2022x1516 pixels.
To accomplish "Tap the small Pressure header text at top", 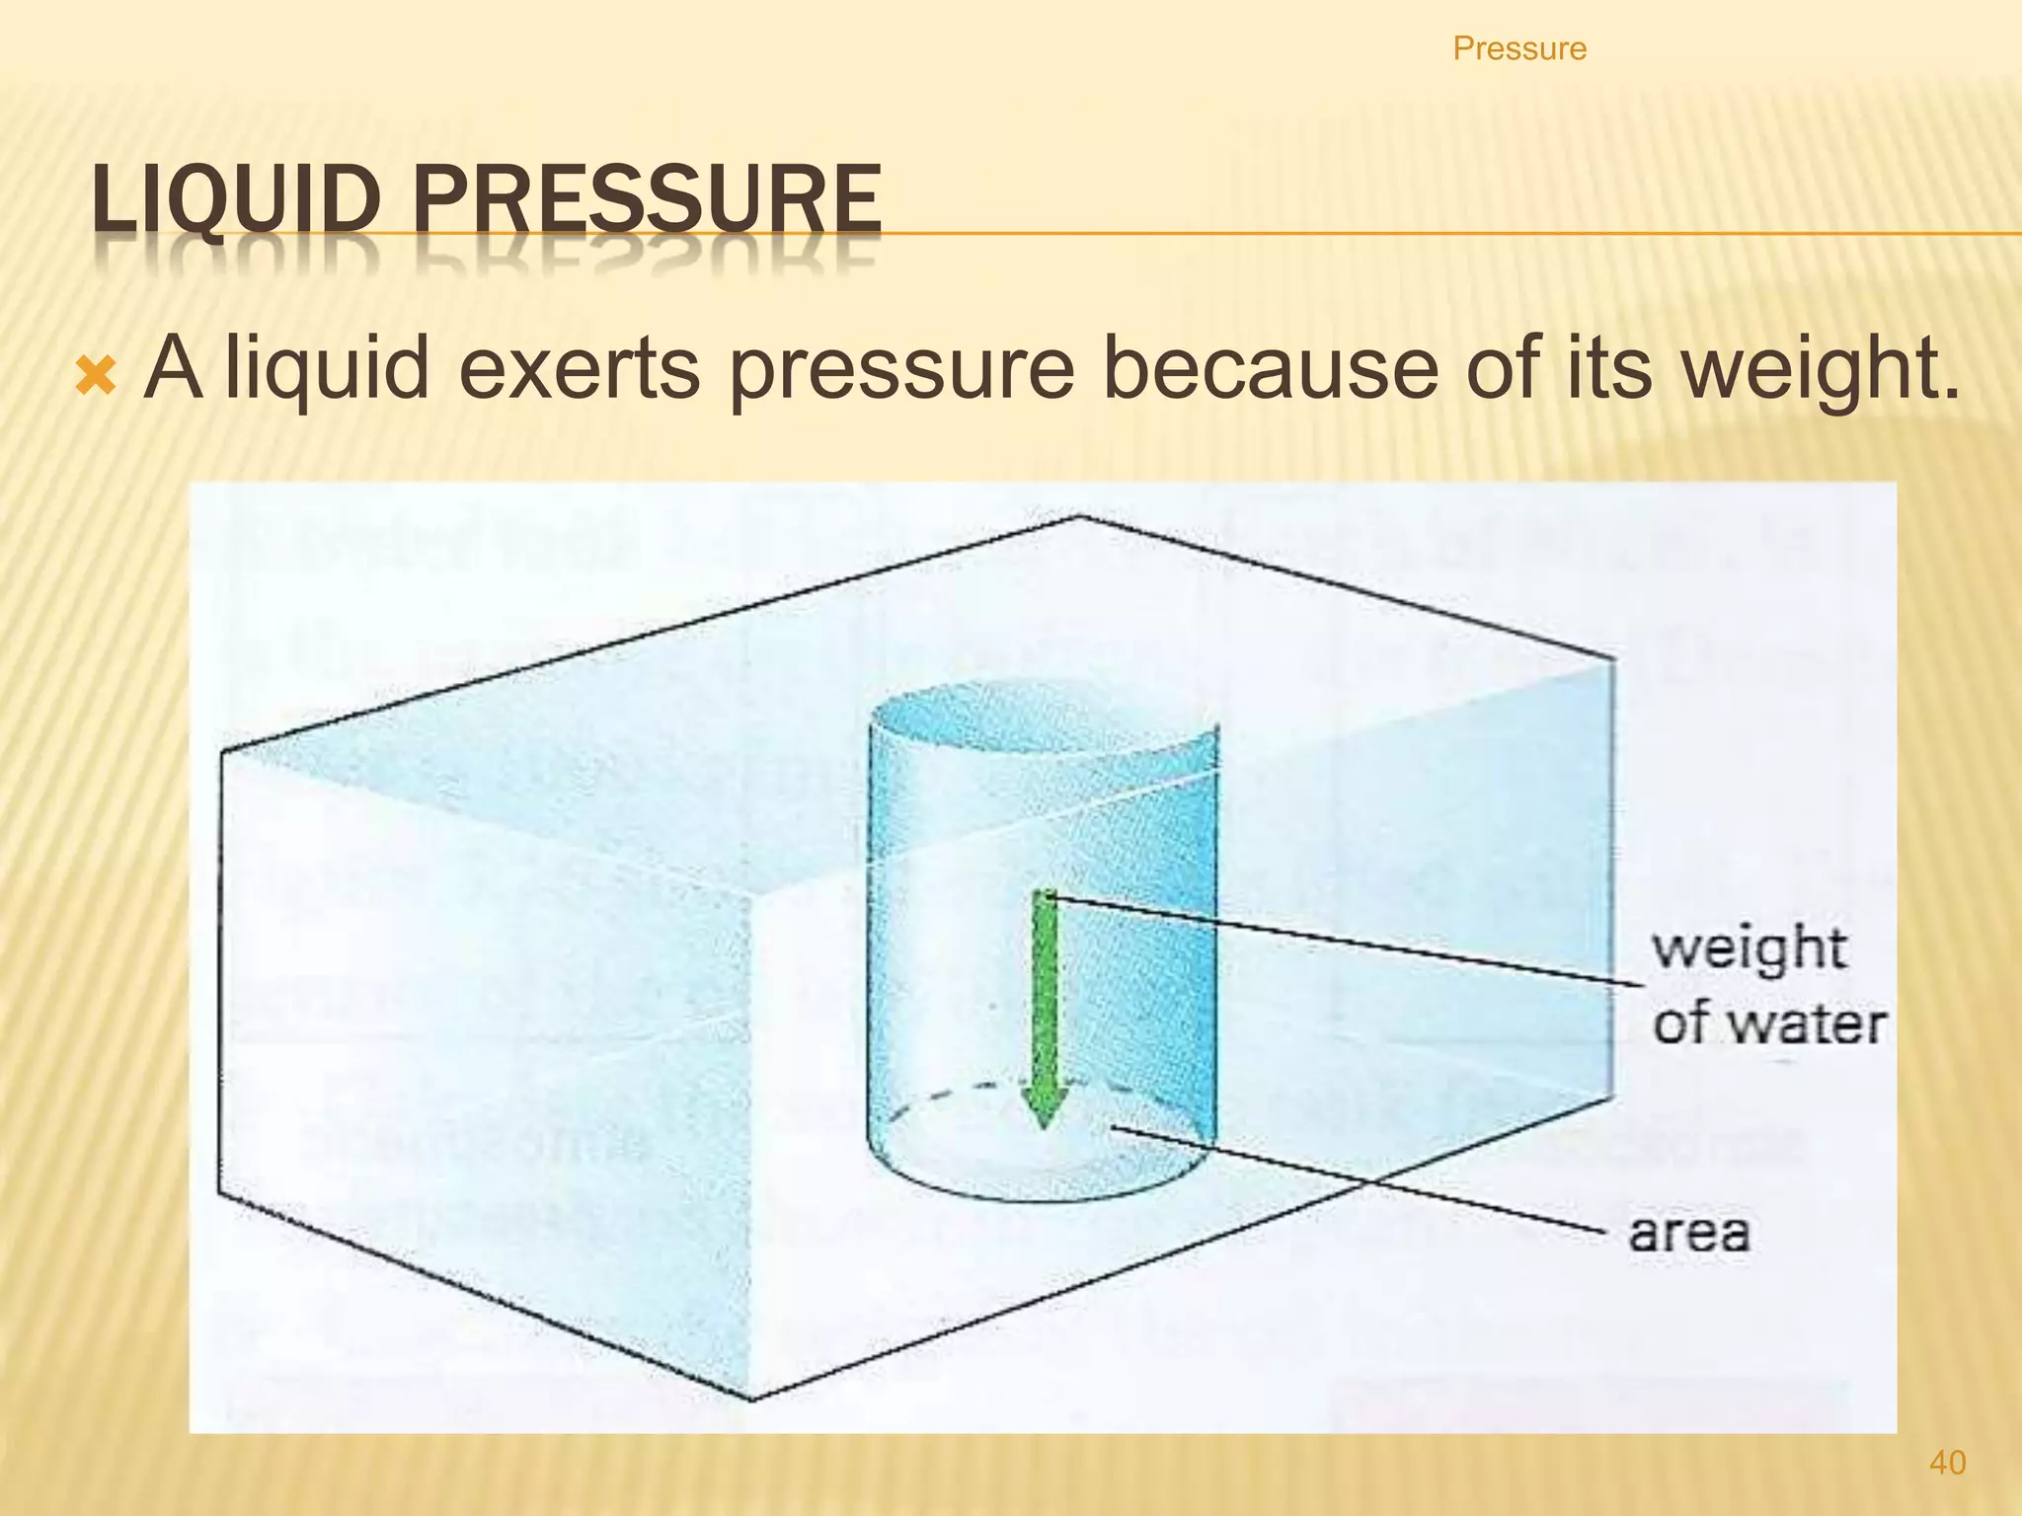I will tap(1518, 48).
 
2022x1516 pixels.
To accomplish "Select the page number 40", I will tap(1947, 1463).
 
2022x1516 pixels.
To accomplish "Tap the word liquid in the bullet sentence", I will tap(327, 368).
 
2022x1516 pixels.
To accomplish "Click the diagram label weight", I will tap(1749, 949).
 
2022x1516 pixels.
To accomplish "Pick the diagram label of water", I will tap(1768, 1023).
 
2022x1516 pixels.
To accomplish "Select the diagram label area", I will tap(1688, 1233).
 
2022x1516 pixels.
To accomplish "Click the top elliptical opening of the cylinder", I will tap(1042, 719).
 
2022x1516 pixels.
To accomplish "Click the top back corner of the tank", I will tap(1079, 516).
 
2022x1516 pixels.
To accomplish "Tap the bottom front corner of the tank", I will tap(753, 1398).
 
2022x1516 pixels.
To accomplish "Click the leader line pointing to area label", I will tap(1362, 1179).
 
